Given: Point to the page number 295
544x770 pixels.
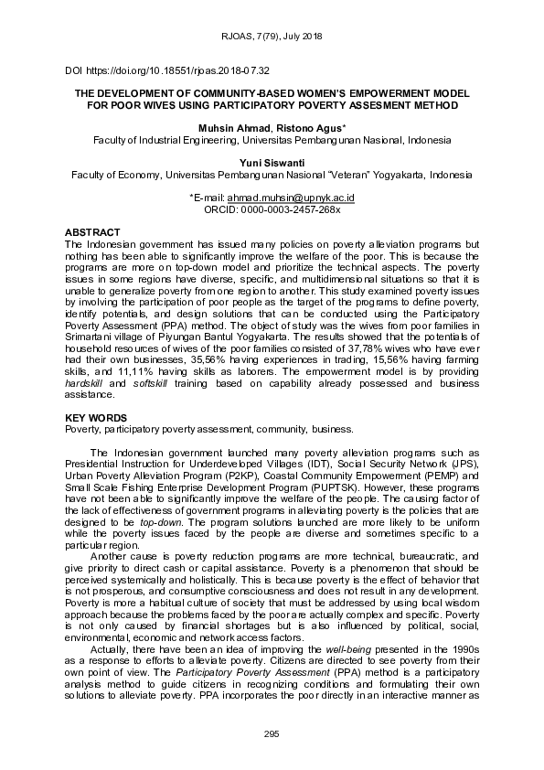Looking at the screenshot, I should coord(272,734).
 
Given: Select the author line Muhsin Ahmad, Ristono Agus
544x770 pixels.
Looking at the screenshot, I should coord(272,129).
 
